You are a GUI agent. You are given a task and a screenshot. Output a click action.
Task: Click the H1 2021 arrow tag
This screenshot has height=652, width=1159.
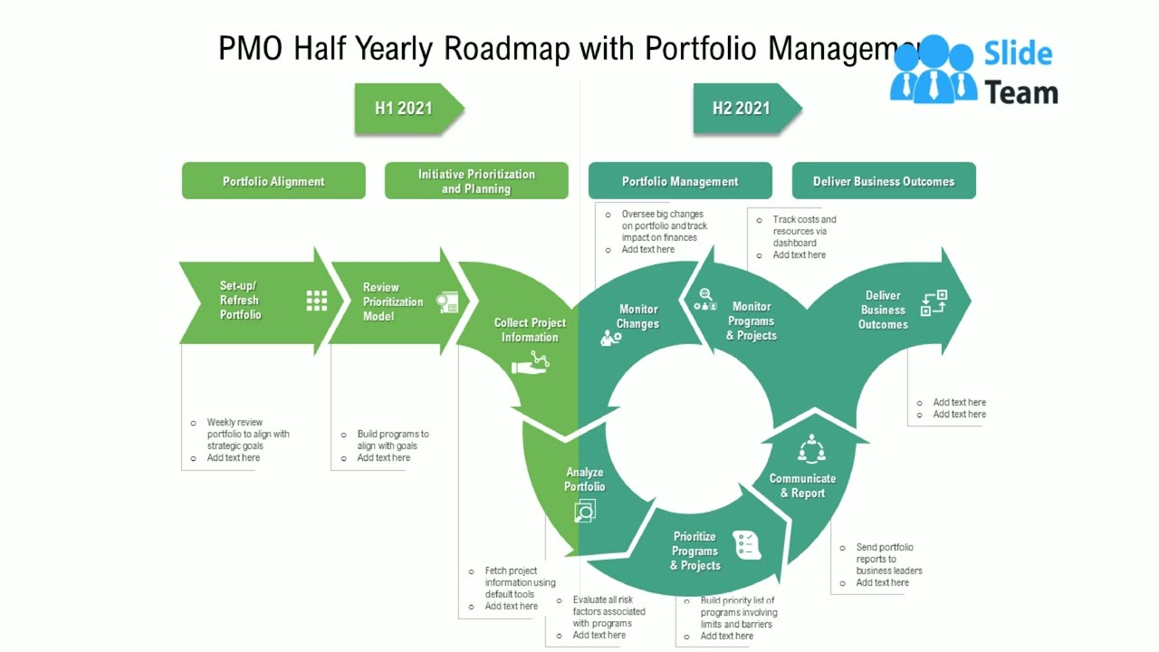(405, 109)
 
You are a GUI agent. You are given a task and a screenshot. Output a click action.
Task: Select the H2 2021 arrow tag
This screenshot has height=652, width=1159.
(742, 109)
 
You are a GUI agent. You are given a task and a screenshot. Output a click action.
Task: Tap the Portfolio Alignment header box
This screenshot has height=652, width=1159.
(273, 181)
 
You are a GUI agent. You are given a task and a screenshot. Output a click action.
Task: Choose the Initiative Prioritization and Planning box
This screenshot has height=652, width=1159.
(476, 181)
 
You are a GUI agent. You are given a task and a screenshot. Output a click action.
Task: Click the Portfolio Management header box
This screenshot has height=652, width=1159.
(680, 181)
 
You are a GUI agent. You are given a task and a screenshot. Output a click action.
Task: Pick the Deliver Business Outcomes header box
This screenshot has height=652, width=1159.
(884, 181)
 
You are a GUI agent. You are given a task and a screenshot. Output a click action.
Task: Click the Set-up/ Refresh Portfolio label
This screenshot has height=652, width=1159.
(240, 301)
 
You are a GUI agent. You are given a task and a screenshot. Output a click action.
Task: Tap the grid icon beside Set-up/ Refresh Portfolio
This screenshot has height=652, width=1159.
(316, 301)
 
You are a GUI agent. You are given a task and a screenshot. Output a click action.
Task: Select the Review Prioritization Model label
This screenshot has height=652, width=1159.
(393, 302)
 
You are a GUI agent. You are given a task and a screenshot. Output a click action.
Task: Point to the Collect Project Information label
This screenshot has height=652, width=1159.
(530, 330)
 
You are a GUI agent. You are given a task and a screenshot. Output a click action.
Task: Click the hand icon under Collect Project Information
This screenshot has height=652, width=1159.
(531, 363)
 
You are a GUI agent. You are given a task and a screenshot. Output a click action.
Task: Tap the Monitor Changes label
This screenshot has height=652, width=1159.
(637, 316)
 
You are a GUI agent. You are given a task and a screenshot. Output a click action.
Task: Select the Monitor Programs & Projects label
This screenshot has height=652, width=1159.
(752, 321)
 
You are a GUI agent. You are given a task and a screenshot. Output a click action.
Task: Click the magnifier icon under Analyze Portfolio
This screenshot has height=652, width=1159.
(585, 513)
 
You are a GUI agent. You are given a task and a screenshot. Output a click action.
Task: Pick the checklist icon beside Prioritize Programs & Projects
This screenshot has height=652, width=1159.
(747, 543)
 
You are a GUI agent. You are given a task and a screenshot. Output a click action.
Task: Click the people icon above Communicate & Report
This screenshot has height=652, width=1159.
(810, 449)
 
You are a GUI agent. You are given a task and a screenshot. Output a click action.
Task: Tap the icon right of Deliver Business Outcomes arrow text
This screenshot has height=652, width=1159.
(934, 302)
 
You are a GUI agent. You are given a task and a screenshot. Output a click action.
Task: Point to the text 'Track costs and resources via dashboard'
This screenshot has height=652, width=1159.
(804, 231)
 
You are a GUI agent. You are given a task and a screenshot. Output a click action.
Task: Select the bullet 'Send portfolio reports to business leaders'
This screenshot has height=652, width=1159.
(889, 559)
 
